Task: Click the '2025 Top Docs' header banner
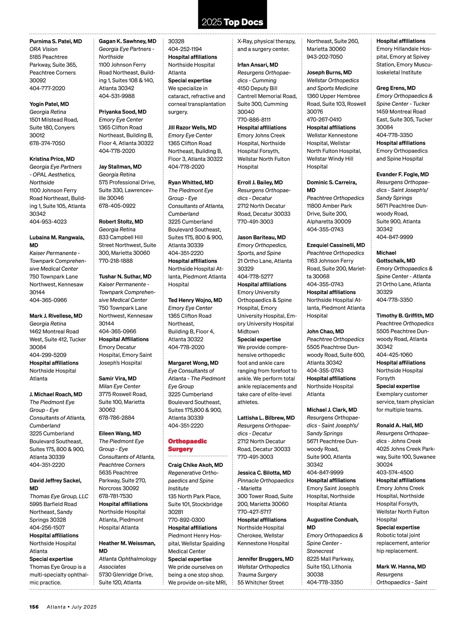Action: [x=232, y=22]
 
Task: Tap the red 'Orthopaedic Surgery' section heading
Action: [x=187, y=445]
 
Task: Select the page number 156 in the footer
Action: [x=34, y=607]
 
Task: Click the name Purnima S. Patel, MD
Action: [x=55, y=41]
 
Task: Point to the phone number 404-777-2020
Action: [x=47, y=88]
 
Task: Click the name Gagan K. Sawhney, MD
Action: [x=127, y=41]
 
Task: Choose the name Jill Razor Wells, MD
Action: [x=192, y=127]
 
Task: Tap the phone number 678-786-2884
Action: [x=116, y=418]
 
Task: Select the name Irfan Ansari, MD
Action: [x=258, y=65]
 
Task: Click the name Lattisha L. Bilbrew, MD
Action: [x=266, y=418]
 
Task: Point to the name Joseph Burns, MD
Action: [x=329, y=72]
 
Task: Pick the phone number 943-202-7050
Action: [x=325, y=57]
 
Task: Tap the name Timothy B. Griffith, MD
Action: [x=405, y=316]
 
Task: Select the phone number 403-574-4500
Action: [x=395, y=472]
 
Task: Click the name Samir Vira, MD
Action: [x=118, y=379]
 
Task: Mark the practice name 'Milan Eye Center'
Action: [x=120, y=386]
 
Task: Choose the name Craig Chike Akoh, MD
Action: [x=195, y=465]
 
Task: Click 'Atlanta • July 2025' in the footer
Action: [x=72, y=607]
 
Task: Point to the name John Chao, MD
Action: [x=325, y=331]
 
